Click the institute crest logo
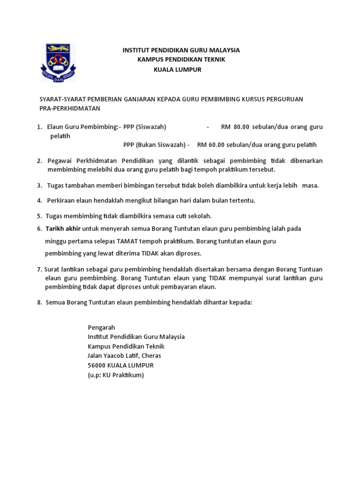point(58,62)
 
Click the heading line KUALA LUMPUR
point(178,69)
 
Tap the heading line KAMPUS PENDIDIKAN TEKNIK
point(181,60)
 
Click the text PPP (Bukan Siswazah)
point(155,144)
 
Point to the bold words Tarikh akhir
point(63,229)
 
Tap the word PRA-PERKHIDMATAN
point(70,108)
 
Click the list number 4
point(39,201)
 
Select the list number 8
point(39,302)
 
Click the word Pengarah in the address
point(101,327)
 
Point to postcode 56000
point(97,365)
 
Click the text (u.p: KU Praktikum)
point(116,375)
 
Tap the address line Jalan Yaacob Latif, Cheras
point(124,355)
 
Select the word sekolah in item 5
point(200,216)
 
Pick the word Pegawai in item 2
point(60,161)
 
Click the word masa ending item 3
point(310,185)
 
